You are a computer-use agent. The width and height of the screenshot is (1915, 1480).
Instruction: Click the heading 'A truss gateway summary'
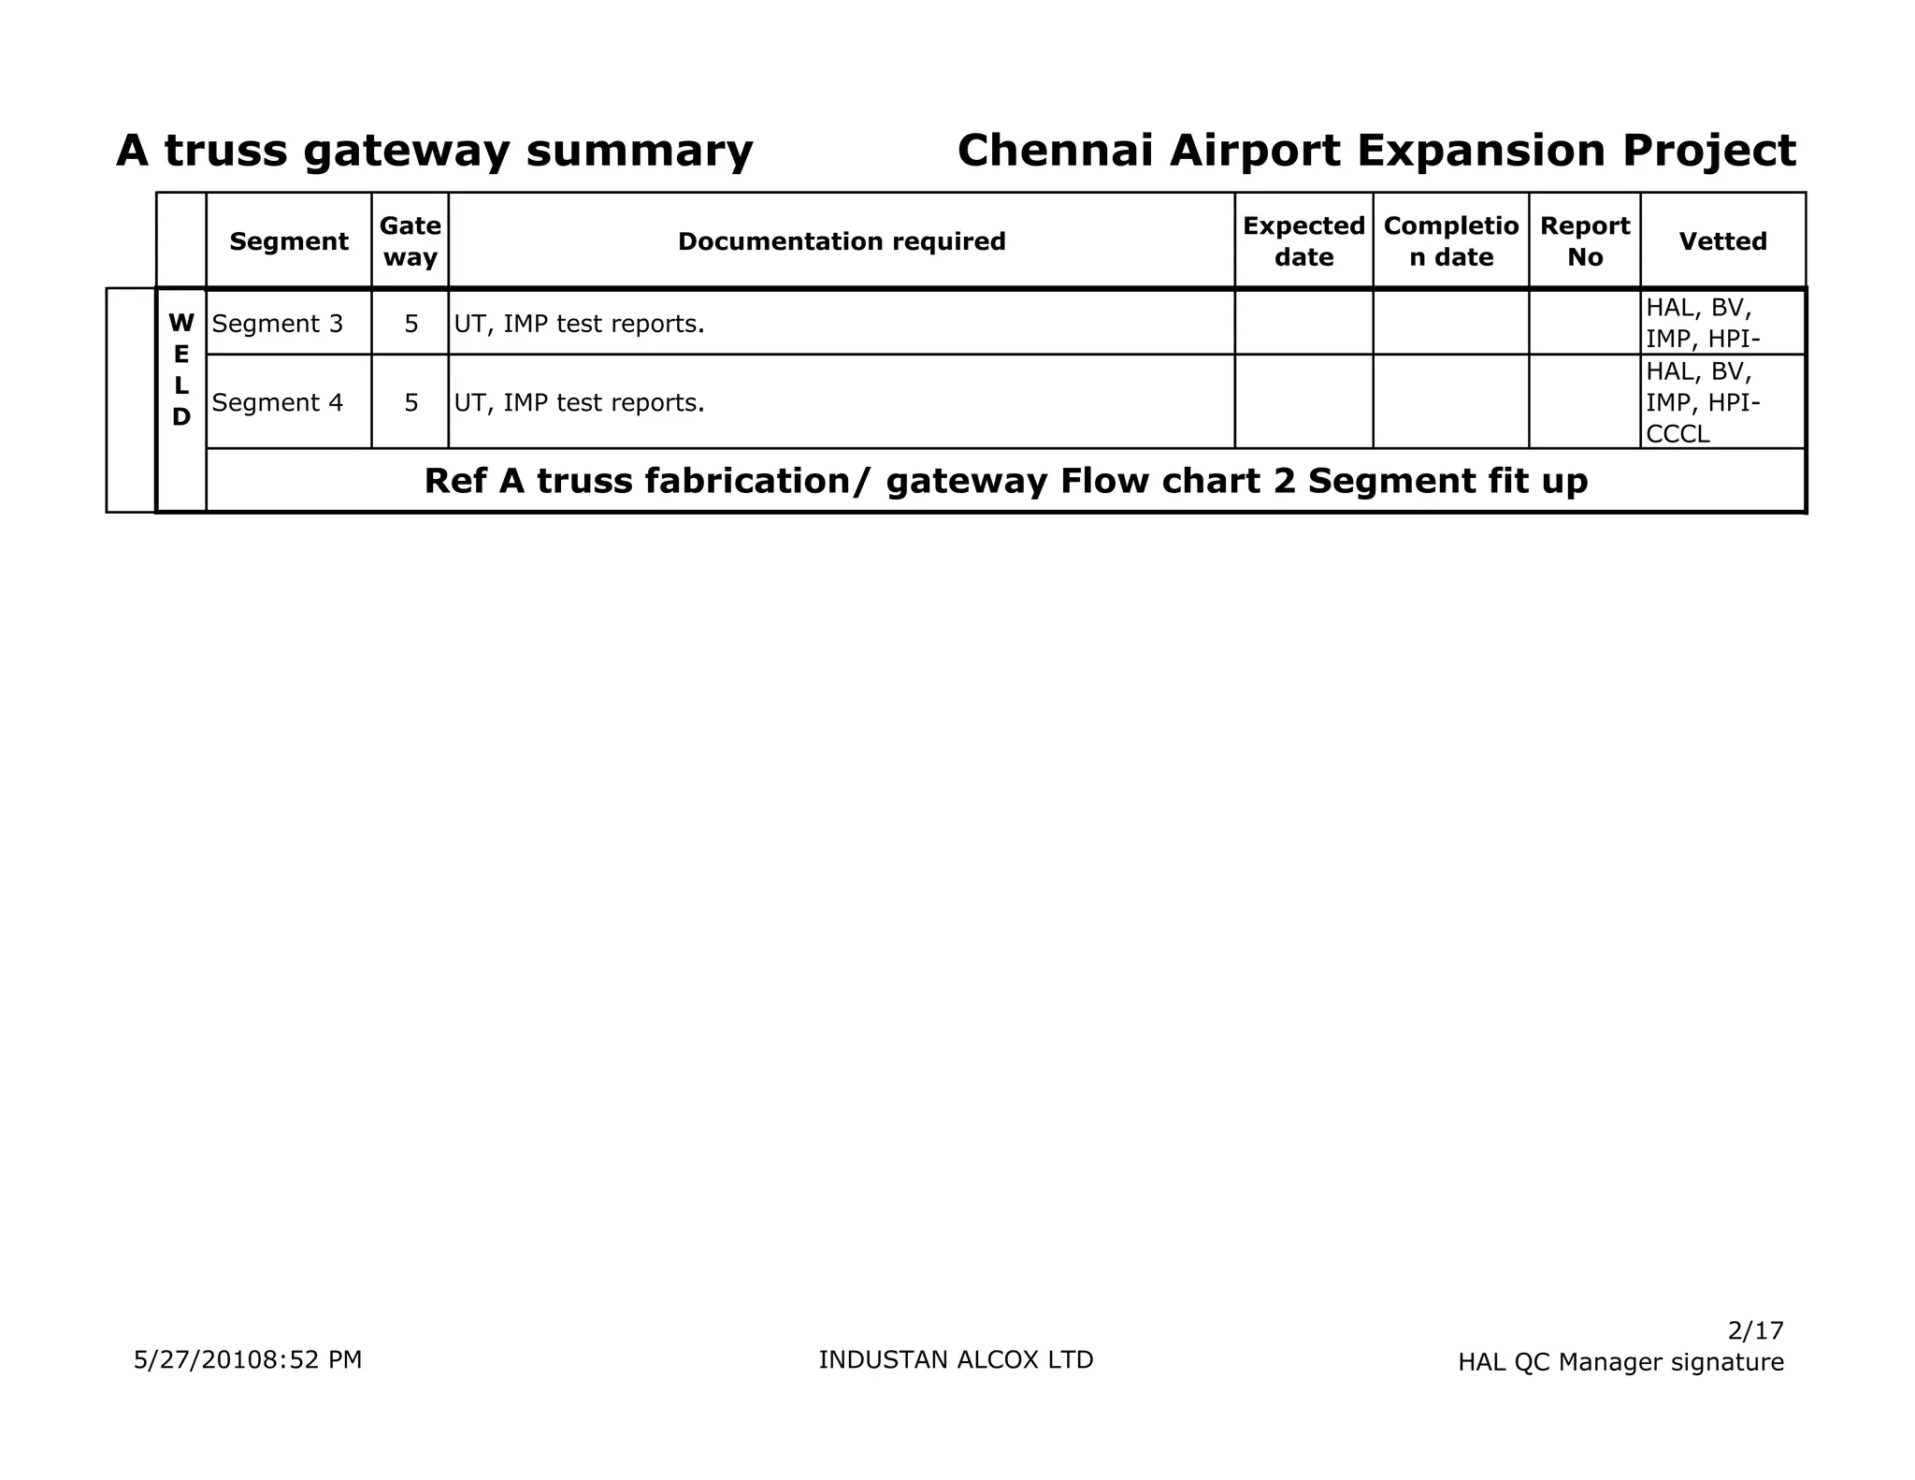pos(434,151)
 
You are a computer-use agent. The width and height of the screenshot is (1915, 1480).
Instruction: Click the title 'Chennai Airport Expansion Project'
pos(1375,151)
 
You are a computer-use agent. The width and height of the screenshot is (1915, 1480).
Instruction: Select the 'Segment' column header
pos(288,241)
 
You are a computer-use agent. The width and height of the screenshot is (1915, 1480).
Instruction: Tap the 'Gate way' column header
pos(410,241)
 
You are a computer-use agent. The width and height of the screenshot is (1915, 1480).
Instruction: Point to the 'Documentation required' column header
pos(842,241)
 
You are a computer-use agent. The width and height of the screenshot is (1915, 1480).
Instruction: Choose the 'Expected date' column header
pos(1303,241)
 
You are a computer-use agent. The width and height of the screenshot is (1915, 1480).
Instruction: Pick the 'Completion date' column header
pos(1450,241)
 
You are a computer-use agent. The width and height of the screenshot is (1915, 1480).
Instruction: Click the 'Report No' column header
pos(1584,241)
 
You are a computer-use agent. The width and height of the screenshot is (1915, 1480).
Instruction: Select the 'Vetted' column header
pos(1722,241)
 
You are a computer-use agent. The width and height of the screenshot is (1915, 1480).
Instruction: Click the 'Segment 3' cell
pos(278,324)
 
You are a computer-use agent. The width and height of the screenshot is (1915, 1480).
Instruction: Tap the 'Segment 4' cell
pos(278,402)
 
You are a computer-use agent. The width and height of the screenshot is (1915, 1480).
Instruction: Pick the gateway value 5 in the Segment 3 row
pos(410,324)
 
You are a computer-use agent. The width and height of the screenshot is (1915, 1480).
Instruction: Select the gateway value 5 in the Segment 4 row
pos(410,402)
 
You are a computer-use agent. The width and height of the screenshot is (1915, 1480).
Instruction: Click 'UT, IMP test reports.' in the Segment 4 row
pos(579,402)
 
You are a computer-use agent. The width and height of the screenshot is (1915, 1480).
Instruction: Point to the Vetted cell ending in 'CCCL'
pos(1702,402)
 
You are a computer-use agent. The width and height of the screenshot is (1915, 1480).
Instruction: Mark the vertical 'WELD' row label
pos(181,370)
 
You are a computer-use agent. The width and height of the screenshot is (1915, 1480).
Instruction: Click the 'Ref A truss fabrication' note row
pos(1005,481)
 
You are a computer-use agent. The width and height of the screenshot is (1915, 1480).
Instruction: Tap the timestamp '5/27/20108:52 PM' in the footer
pos(248,1359)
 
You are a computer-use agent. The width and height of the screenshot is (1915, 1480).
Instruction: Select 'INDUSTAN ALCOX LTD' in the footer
pos(956,1359)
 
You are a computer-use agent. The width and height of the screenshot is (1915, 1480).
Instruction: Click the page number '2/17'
pos(1755,1330)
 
